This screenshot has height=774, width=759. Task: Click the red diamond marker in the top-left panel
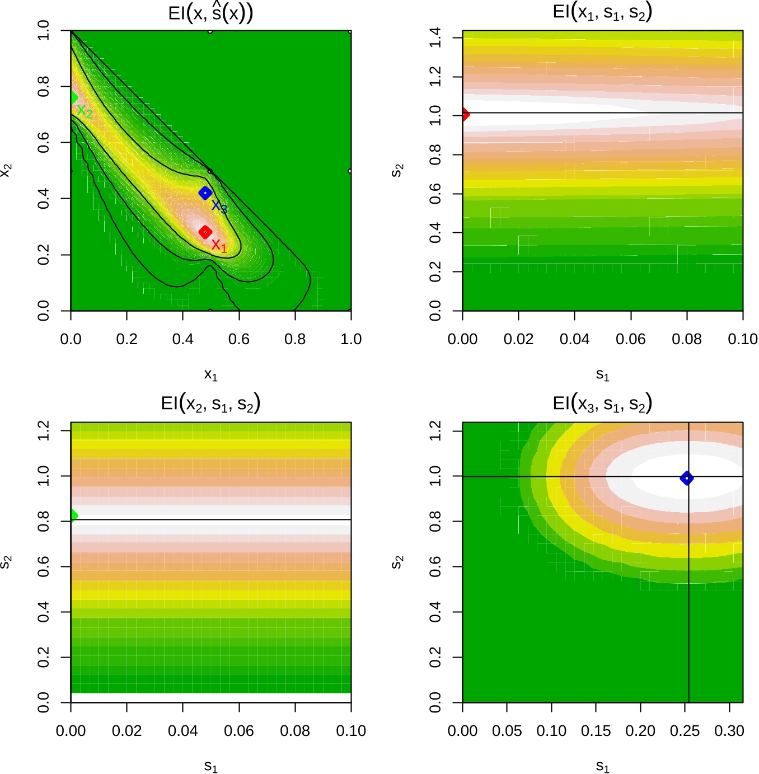click(205, 232)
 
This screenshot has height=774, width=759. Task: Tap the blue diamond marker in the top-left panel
click(205, 193)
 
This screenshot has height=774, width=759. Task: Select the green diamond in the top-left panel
click(73, 98)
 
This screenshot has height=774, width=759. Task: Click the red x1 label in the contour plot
click(219, 246)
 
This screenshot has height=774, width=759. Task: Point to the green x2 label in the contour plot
click(85, 112)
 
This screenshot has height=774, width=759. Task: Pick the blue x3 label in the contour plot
click(219, 207)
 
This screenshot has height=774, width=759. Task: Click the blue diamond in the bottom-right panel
click(686, 478)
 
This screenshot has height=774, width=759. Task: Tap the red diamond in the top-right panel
click(464, 115)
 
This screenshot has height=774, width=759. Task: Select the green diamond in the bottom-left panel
click(72, 515)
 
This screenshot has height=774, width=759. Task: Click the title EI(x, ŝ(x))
click(210, 13)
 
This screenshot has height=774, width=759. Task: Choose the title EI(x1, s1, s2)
click(602, 13)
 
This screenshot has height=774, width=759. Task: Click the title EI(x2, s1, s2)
click(210, 404)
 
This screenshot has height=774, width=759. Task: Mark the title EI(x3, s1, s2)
click(602, 404)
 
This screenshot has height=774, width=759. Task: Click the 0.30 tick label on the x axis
click(729, 731)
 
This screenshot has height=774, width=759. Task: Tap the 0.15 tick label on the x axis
click(596, 731)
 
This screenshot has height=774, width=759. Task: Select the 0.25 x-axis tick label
click(685, 731)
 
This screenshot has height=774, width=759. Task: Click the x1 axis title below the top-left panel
click(210, 374)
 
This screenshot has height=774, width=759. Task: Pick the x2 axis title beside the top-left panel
click(7, 170)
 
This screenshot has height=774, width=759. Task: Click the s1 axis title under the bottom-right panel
click(602, 766)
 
